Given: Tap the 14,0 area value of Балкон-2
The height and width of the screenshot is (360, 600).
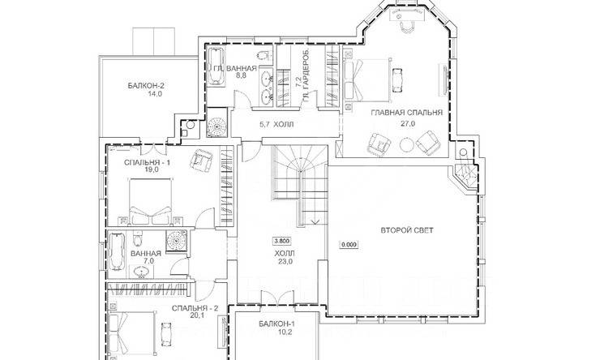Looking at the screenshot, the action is tap(155, 93).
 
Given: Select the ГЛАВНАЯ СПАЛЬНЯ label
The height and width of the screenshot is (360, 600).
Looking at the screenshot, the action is tap(407, 113).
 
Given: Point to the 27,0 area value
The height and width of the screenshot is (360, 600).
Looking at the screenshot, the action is tap(408, 123).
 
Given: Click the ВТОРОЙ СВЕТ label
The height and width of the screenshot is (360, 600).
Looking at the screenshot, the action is tap(407, 230).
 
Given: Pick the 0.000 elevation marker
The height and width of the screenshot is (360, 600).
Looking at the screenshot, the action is tap(348, 245).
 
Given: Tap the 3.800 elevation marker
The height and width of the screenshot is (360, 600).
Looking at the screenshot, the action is tap(281, 241).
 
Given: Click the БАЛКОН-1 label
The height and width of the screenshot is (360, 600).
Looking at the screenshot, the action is tap(276, 324).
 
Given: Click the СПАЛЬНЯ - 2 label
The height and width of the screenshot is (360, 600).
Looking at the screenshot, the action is tap(195, 308).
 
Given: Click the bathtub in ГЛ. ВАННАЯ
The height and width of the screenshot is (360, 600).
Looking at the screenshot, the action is tap(216, 65).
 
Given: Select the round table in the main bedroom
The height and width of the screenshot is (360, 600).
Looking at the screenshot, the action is tap(406, 144).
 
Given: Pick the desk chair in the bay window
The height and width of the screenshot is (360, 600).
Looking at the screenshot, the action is tap(406, 27).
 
